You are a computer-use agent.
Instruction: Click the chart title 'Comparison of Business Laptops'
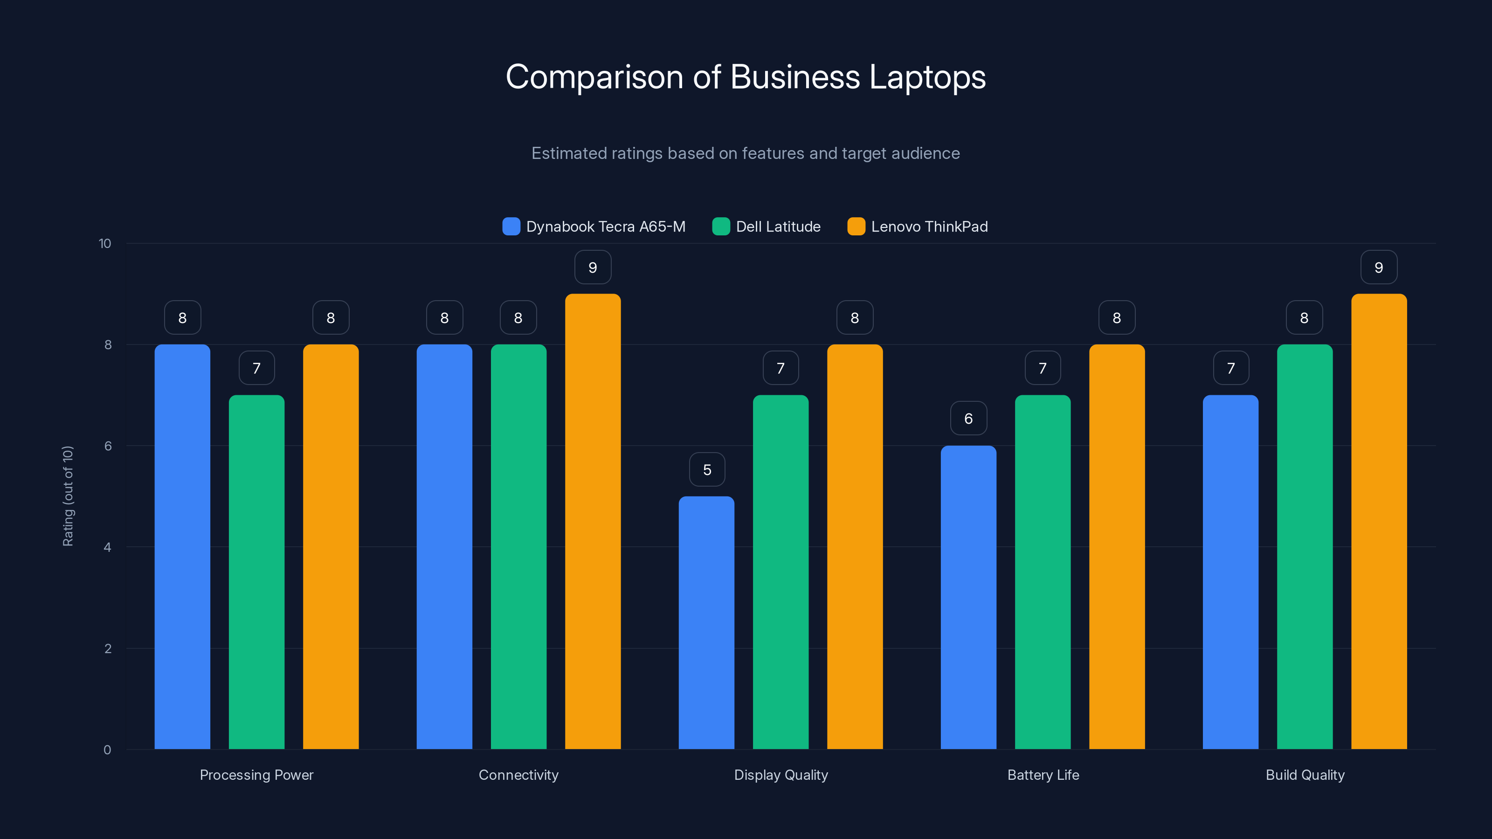click(746, 77)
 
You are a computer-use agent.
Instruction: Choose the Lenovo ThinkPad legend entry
click(918, 227)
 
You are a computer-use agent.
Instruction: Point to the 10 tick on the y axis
click(105, 243)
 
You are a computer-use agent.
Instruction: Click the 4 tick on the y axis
click(107, 547)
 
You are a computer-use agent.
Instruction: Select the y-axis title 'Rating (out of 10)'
click(68, 495)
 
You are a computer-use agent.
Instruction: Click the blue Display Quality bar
click(706, 622)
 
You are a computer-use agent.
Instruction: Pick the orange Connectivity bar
click(593, 521)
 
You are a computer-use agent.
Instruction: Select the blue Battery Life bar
click(968, 597)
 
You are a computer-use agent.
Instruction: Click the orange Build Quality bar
click(1379, 521)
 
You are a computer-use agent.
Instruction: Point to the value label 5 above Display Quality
click(707, 469)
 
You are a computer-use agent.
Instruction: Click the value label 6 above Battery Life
click(968, 419)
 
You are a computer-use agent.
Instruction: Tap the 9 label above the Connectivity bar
click(593, 268)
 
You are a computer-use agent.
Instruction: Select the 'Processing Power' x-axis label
click(256, 775)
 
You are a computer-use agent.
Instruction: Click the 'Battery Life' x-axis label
click(1043, 775)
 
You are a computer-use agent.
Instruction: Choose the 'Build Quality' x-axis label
click(1305, 775)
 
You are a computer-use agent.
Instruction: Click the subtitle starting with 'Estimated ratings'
click(746, 153)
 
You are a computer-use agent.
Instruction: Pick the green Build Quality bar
click(1305, 547)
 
